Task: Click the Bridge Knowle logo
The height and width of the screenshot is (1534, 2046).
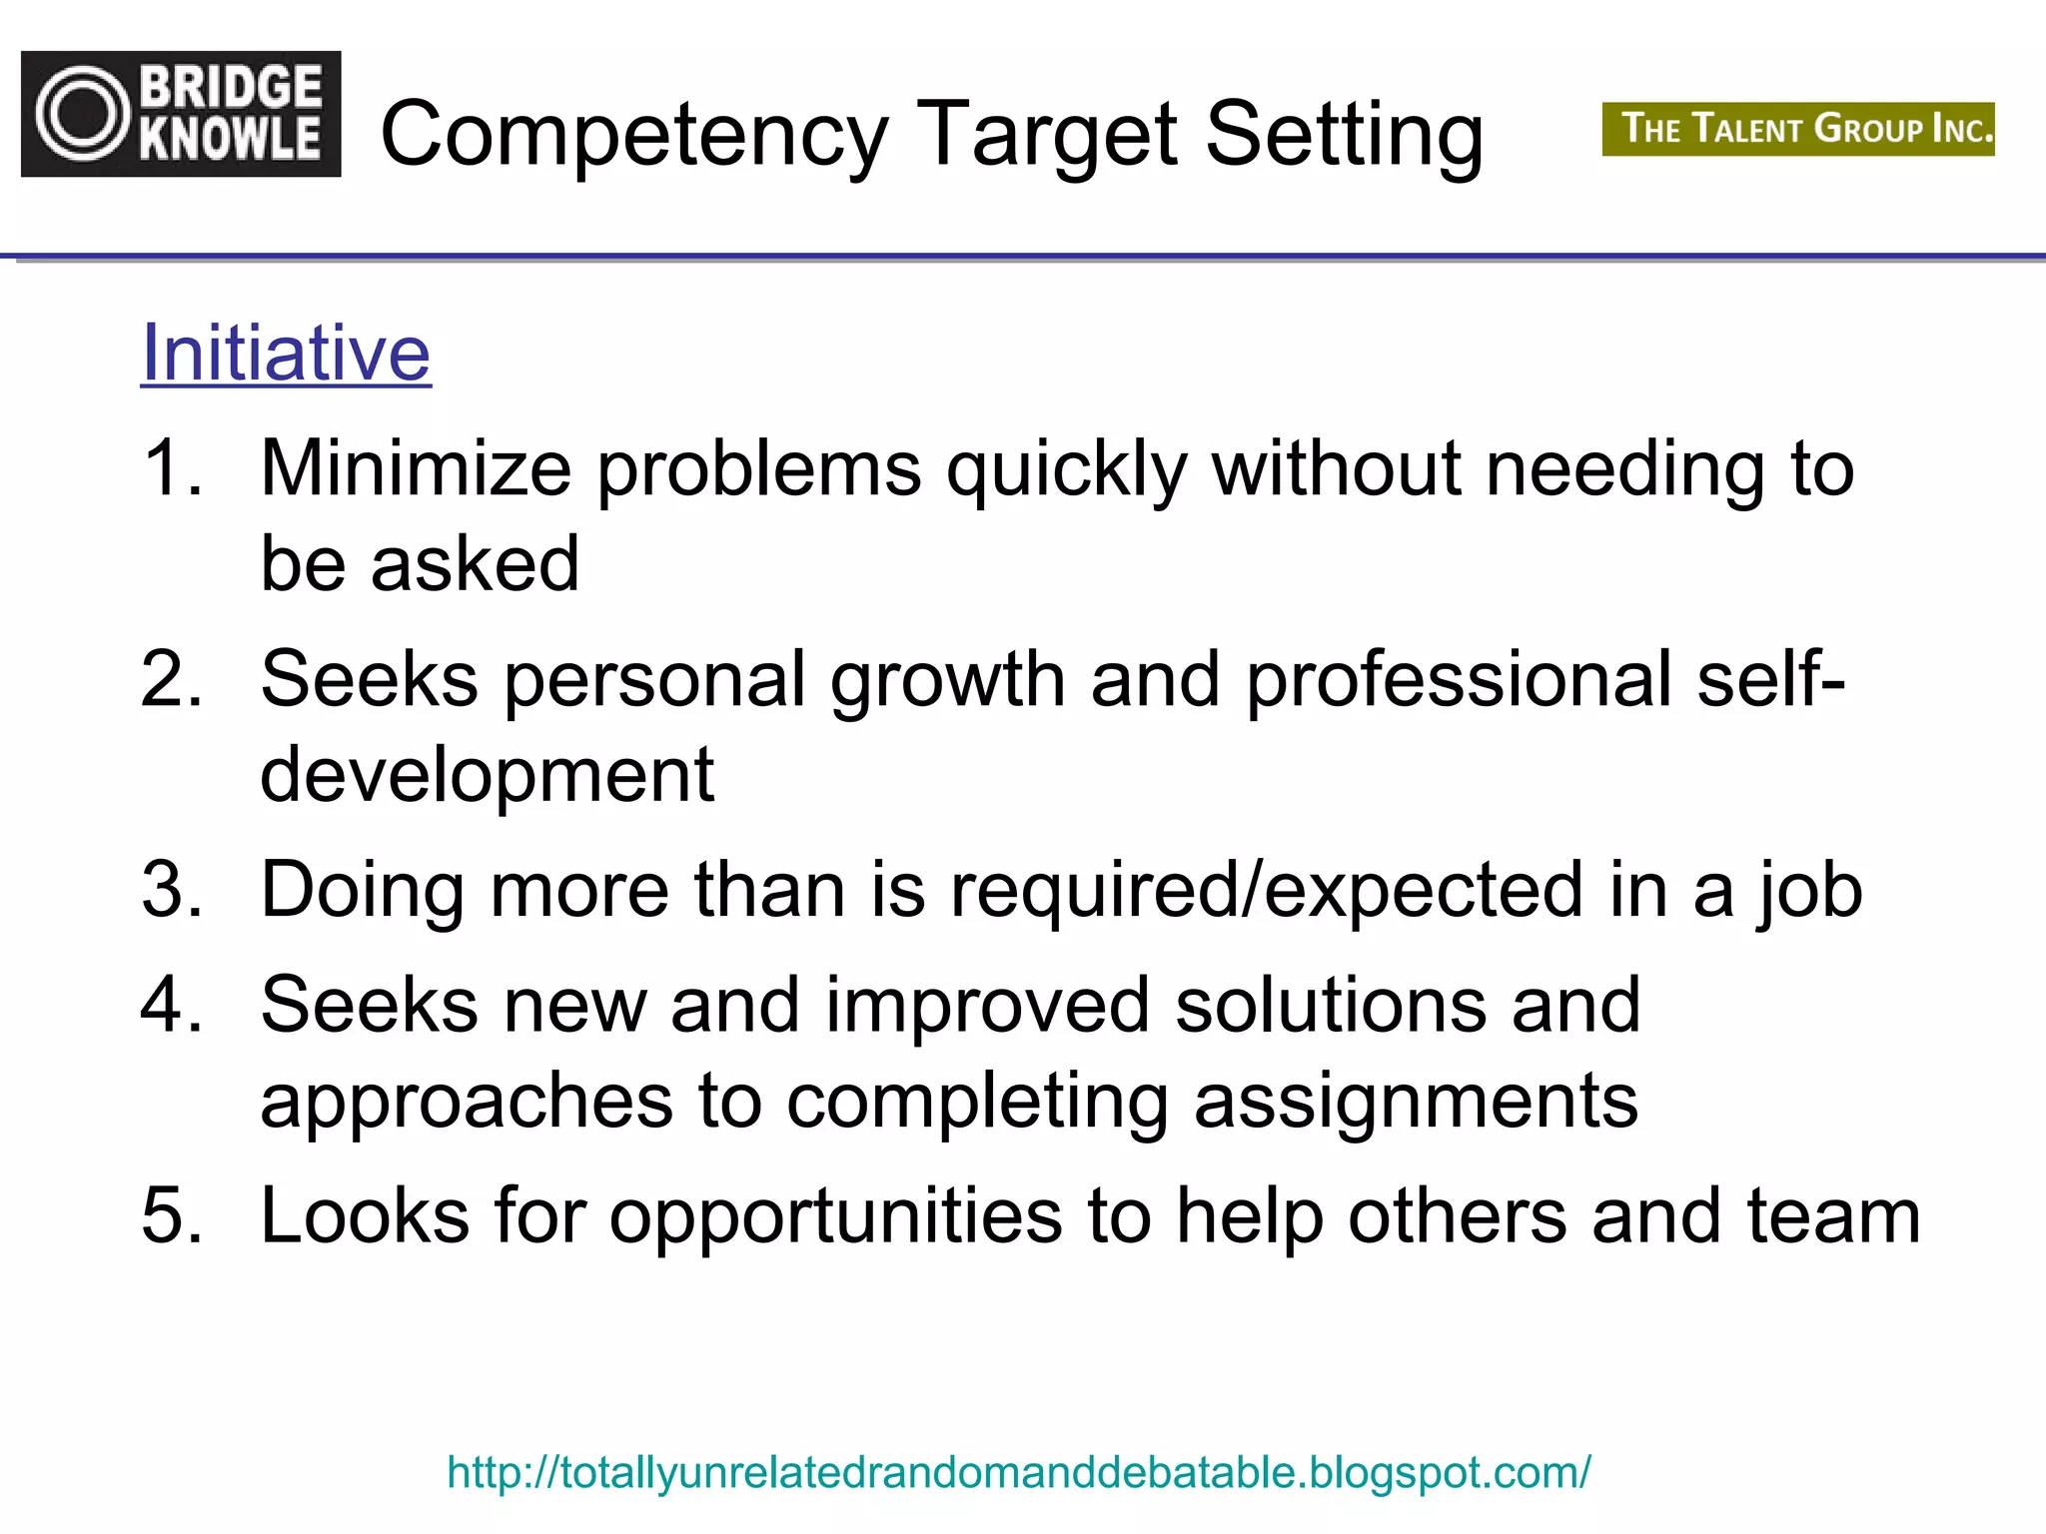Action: pyautogui.click(x=181, y=114)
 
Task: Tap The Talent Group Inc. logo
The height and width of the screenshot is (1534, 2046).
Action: pyautogui.click(x=1797, y=130)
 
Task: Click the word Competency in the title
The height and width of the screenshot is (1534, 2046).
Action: pyautogui.click(x=634, y=135)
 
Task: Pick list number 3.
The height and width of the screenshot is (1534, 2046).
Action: pyautogui.click(x=172, y=889)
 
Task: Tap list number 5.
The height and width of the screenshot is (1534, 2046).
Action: pyautogui.click(x=172, y=1215)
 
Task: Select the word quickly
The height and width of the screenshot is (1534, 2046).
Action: pyautogui.click(x=1067, y=469)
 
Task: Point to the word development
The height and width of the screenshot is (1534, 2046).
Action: pyautogui.click(x=488, y=776)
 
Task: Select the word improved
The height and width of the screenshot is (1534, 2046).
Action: pyautogui.click(x=987, y=1006)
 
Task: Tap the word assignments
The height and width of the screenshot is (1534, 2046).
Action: pyautogui.click(x=1416, y=1103)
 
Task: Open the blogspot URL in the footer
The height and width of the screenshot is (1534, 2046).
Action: pyautogui.click(x=1019, y=1473)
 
